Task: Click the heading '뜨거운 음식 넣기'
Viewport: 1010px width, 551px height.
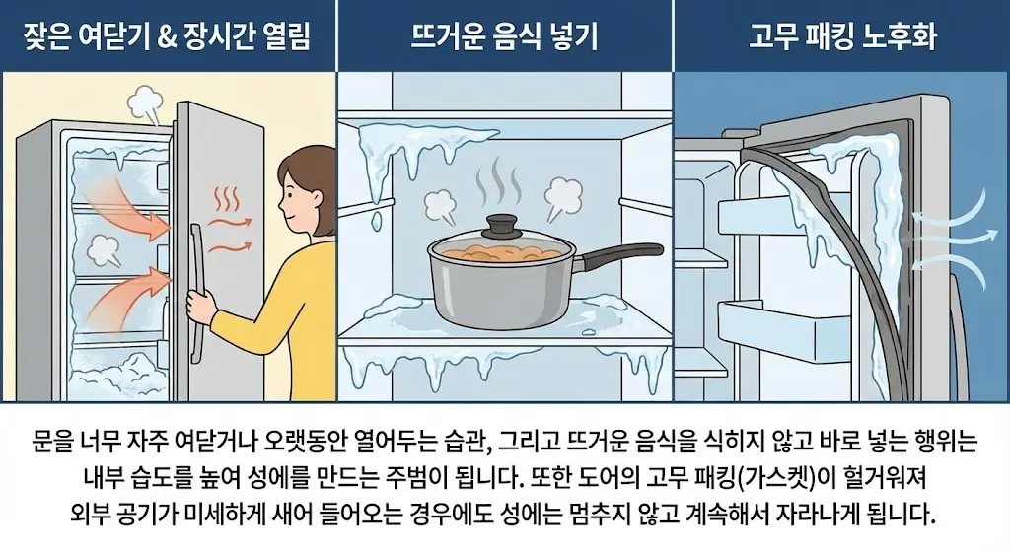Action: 504,38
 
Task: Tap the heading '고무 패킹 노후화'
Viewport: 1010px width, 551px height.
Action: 841,38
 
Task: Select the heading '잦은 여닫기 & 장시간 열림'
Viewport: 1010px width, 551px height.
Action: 168,38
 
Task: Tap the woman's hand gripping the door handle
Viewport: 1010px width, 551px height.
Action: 201,308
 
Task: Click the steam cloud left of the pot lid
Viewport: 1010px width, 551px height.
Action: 440,203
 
